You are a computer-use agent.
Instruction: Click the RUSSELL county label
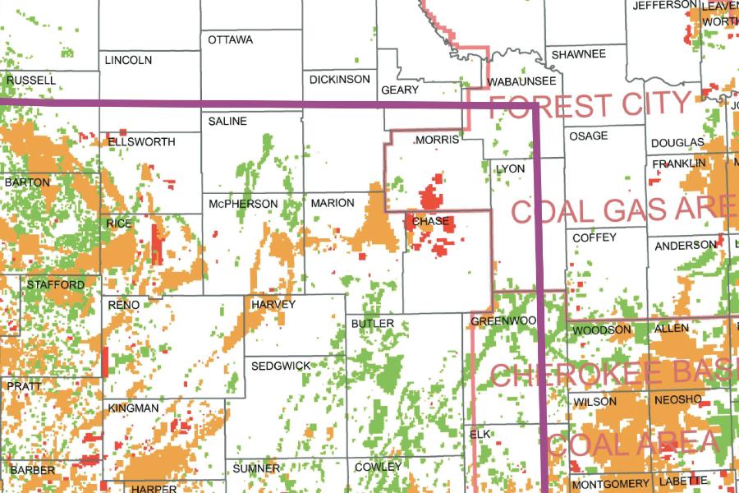(x=30, y=81)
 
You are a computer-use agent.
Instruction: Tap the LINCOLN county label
(x=128, y=60)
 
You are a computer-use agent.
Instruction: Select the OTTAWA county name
(x=230, y=39)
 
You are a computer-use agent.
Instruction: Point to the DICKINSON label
(x=340, y=80)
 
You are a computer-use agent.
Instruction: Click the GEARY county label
(x=401, y=90)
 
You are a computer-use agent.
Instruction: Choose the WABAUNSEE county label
(x=521, y=82)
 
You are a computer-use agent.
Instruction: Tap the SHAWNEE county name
(x=578, y=54)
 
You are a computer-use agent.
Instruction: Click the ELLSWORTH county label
(x=141, y=142)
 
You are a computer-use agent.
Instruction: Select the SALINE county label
(x=227, y=121)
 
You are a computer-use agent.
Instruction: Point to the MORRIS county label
(x=437, y=141)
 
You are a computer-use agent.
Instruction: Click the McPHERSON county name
(x=243, y=204)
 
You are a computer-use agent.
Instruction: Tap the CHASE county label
(x=430, y=222)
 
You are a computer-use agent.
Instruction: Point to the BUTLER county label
(x=372, y=324)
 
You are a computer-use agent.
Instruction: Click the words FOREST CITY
(x=590, y=105)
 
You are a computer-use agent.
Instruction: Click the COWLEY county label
(x=378, y=467)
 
